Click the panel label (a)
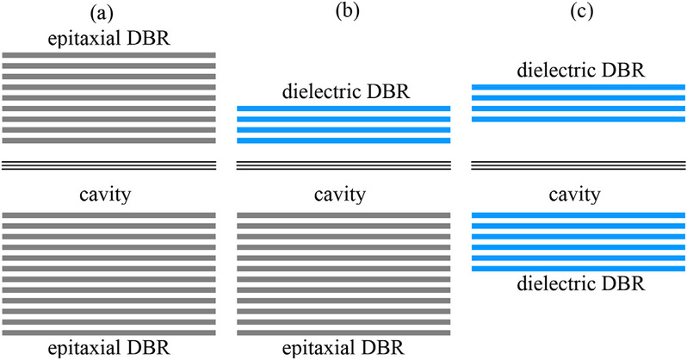point(108,13)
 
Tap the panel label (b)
point(343,13)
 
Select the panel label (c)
point(578,13)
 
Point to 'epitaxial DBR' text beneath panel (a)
point(109,348)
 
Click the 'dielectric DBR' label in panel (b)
point(343,91)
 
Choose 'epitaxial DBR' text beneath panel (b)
point(343,348)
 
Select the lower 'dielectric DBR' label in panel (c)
point(579,282)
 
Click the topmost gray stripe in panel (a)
point(109,55)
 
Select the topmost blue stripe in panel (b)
point(343,109)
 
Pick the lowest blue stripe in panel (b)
point(343,140)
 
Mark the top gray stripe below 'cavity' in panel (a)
point(109,214)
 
